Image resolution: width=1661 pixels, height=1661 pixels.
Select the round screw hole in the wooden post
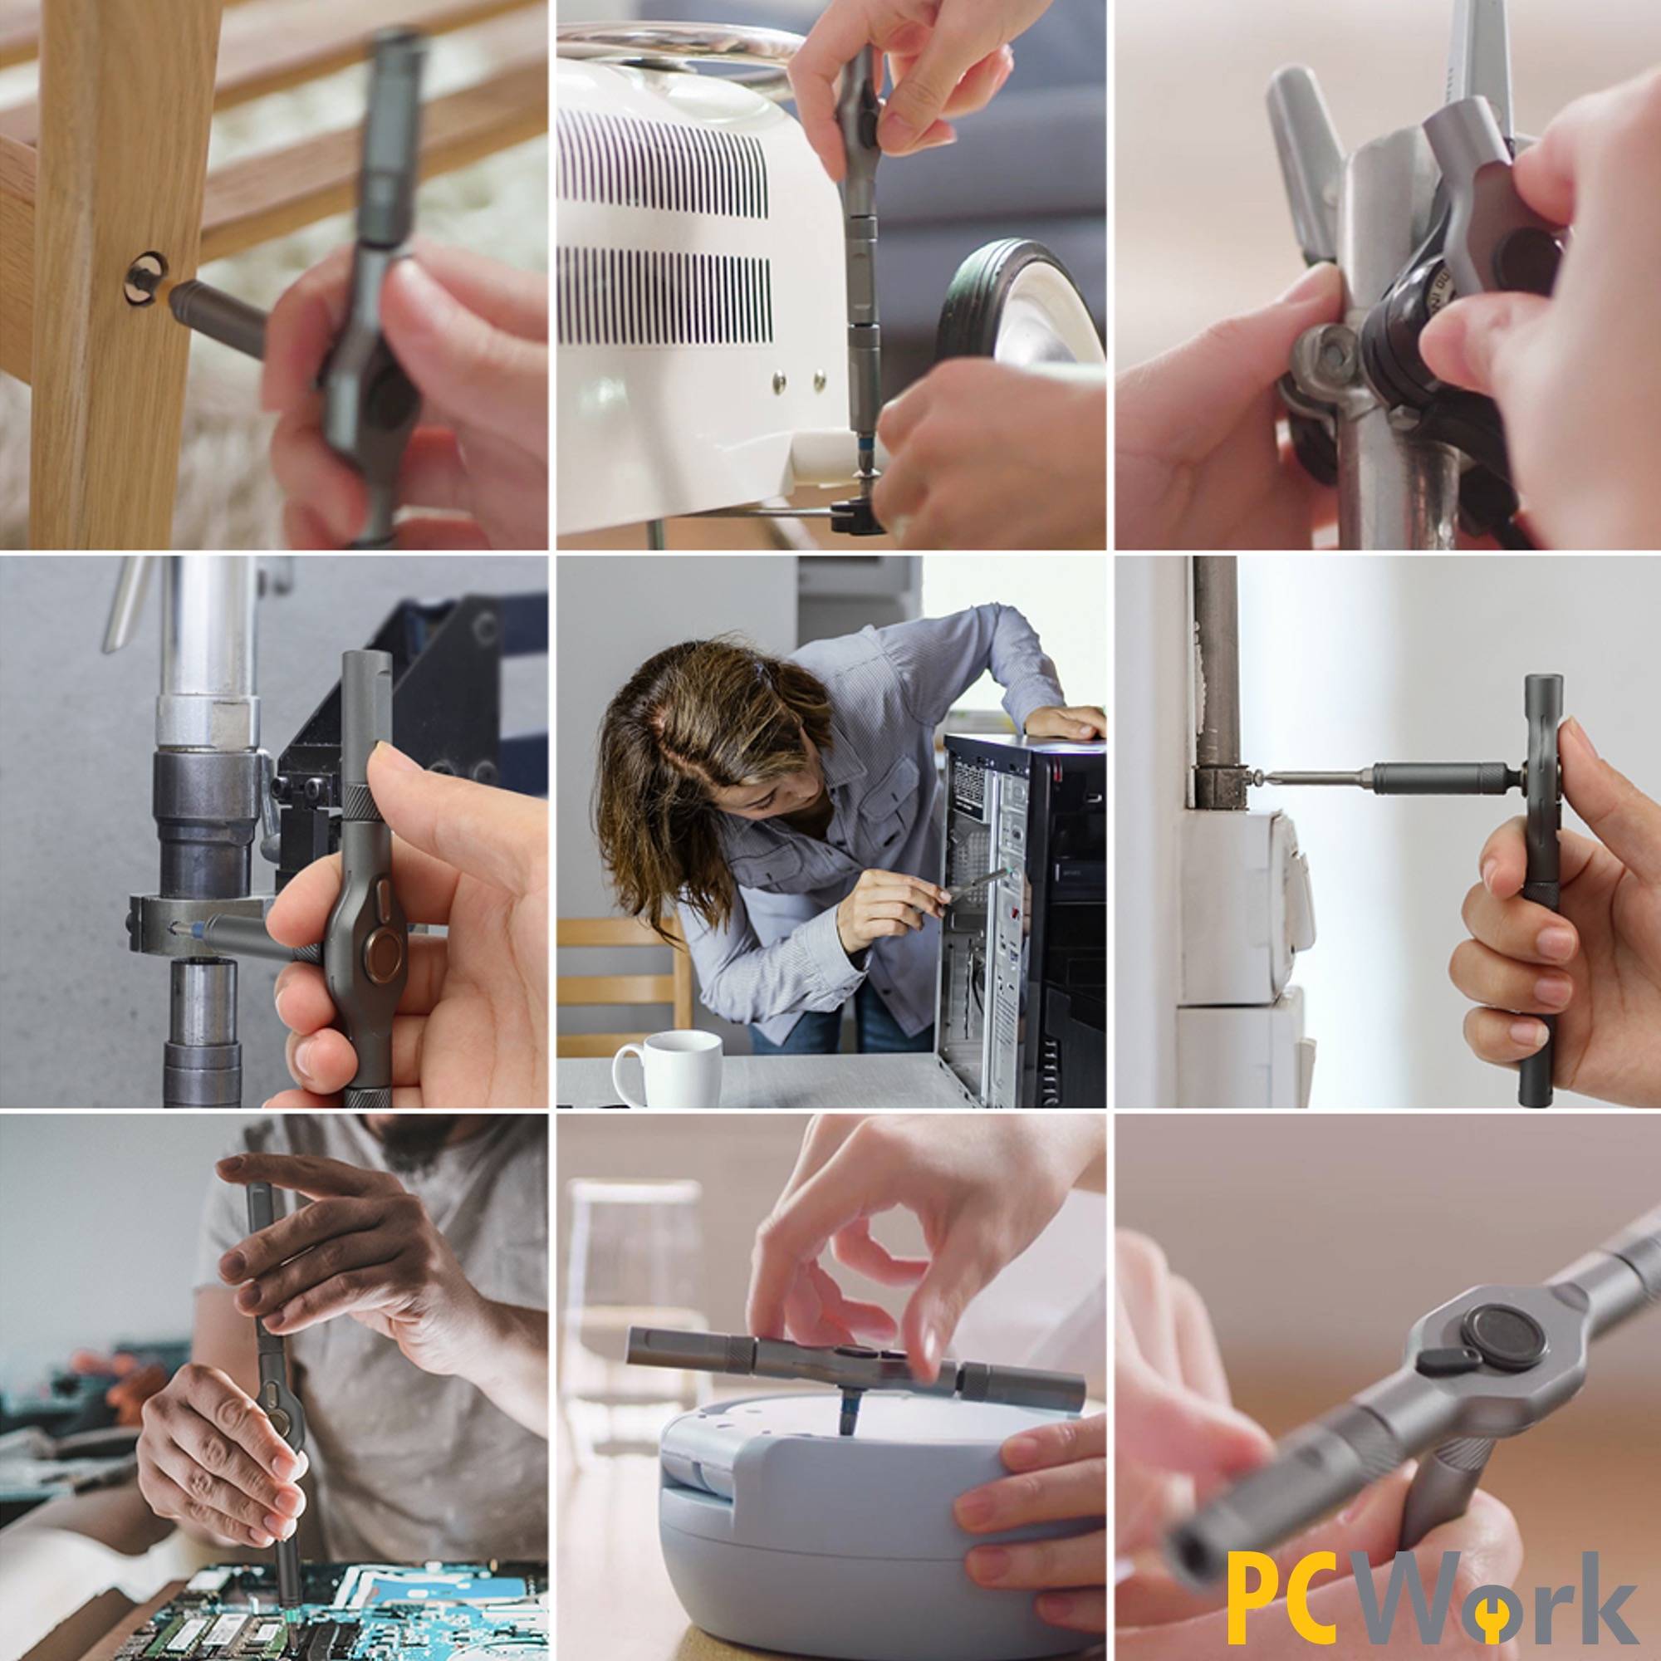(x=145, y=277)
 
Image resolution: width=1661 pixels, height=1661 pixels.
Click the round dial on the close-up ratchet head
(x=1503, y=1337)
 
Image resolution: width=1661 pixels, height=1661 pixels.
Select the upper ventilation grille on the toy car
(x=662, y=164)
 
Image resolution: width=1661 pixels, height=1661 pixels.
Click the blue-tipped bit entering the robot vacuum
(x=847, y=1414)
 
